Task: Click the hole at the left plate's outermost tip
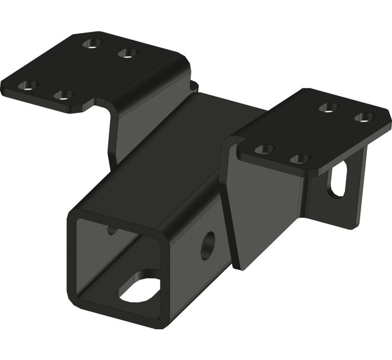click(x=28, y=85)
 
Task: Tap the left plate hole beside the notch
click(x=64, y=95)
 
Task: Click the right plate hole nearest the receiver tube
click(x=264, y=149)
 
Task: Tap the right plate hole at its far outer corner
click(x=363, y=116)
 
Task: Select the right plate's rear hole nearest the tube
click(x=328, y=107)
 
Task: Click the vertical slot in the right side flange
click(x=337, y=180)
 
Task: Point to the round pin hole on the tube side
click(x=207, y=245)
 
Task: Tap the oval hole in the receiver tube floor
click(x=140, y=286)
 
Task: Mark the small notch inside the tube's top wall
click(x=110, y=229)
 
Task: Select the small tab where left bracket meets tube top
click(x=194, y=85)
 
